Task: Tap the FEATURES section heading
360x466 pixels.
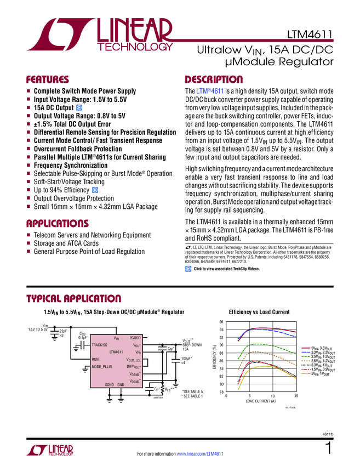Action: [48, 79]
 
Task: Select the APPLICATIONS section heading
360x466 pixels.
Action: [58, 224]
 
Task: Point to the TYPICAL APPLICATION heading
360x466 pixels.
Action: [74, 299]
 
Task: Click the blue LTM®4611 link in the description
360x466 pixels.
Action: [209, 90]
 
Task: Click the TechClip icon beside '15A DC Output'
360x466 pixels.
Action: [79, 108]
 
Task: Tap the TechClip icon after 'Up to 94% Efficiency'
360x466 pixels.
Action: [95, 190]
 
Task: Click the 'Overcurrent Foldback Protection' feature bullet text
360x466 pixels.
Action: [78, 149]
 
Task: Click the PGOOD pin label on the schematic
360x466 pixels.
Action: [135, 338]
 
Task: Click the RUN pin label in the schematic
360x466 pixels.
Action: [95, 359]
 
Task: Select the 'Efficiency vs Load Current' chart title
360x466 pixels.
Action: [259, 312]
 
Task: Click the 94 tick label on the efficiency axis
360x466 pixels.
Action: [221, 329]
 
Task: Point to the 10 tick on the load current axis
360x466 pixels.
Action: [272, 396]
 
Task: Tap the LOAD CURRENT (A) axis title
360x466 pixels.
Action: [260, 401]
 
